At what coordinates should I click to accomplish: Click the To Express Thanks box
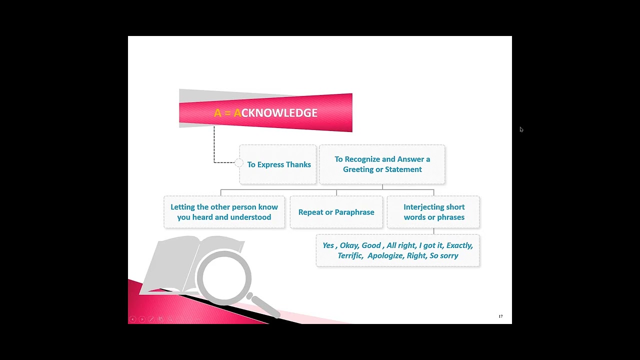278,164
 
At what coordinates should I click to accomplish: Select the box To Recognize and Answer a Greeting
382,164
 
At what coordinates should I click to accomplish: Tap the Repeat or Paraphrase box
336,212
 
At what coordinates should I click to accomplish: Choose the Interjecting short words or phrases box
433,212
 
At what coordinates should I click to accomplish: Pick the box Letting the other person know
224,212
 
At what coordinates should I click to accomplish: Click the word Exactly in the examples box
459,245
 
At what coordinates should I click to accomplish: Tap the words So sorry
443,255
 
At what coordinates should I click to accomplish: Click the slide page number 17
500,316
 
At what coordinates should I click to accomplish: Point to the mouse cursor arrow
521,129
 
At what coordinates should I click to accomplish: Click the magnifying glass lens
224,277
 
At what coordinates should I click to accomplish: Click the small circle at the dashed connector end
238,162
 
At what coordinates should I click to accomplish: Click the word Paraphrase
355,212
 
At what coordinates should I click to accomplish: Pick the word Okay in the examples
348,245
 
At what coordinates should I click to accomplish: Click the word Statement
403,169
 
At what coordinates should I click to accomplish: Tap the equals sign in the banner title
227,113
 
